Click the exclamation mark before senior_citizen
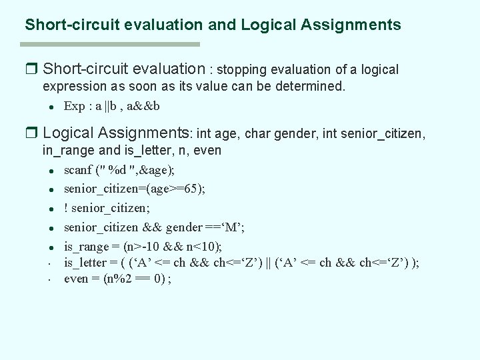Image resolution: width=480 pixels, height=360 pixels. click(66, 207)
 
